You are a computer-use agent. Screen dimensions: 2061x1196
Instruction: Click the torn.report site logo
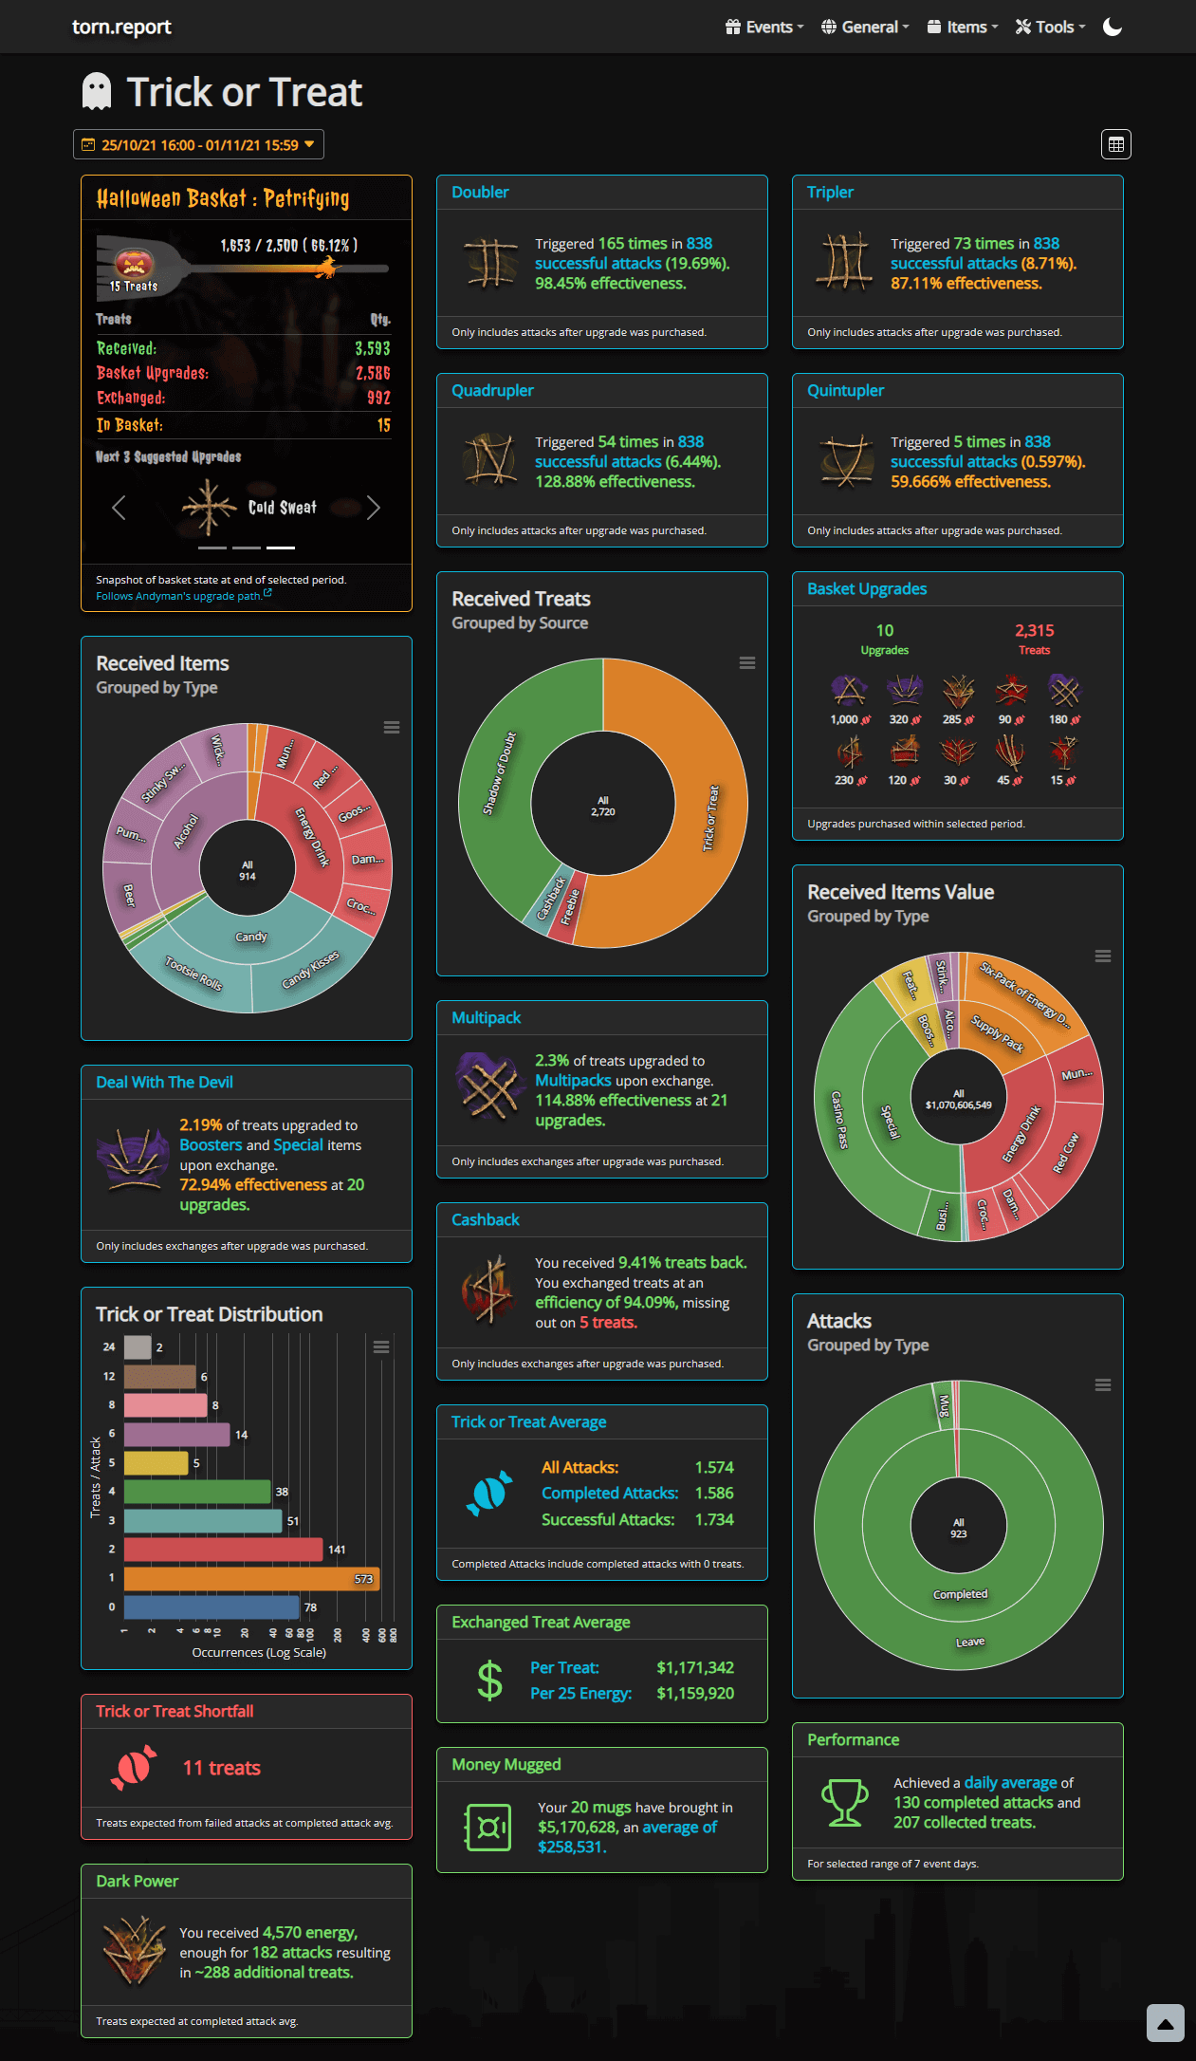(x=121, y=27)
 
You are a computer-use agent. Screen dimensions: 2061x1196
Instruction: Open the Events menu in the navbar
(x=764, y=27)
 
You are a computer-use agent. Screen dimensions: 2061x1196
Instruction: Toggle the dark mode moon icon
(x=1113, y=27)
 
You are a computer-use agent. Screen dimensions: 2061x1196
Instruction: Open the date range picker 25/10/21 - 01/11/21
(x=198, y=145)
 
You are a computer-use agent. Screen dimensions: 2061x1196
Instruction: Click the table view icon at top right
(x=1115, y=144)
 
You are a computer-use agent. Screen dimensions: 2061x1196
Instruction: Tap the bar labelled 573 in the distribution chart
(x=251, y=1579)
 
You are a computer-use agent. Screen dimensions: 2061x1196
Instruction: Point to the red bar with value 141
(x=223, y=1550)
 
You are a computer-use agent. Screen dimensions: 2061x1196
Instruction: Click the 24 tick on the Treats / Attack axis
(x=109, y=1346)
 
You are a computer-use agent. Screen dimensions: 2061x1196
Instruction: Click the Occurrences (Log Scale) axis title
(x=259, y=1652)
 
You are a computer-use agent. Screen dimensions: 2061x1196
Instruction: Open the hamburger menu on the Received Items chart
(x=391, y=728)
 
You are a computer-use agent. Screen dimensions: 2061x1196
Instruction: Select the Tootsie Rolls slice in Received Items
(x=194, y=974)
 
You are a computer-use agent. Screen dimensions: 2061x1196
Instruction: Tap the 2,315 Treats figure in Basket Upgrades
(x=1034, y=631)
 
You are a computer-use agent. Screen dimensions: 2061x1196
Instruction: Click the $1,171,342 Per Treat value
(x=695, y=1667)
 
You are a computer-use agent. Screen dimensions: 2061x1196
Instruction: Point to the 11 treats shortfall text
(x=221, y=1768)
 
